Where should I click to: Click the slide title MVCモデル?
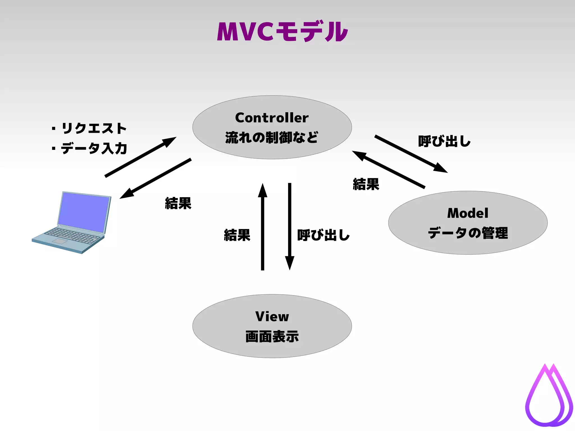coord(282,32)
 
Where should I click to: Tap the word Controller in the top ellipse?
coord(272,118)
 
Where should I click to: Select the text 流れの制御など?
coord(272,137)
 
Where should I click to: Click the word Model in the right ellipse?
coord(468,213)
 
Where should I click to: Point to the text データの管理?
coord(468,233)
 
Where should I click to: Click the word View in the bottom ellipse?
coord(272,317)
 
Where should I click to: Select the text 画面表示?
coord(272,336)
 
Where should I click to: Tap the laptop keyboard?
coord(72,236)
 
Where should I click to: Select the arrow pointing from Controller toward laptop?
coord(156,178)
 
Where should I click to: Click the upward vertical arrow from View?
coord(263,227)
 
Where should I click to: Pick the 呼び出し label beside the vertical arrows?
coord(323,235)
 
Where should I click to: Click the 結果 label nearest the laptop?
coord(178,203)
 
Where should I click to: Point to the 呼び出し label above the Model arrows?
coord(444,141)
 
